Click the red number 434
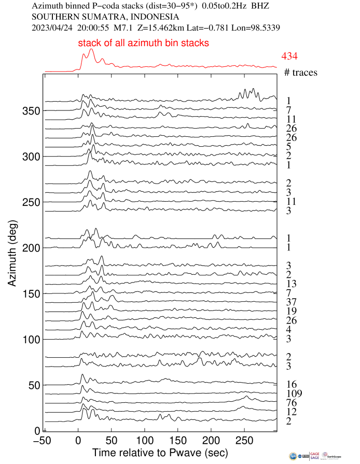(x=289, y=56)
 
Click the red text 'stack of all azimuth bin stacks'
(x=144, y=44)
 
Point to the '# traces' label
(x=301, y=73)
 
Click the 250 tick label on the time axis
(x=244, y=440)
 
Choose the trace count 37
(x=291, y=302)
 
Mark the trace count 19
(x=291, y=311)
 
